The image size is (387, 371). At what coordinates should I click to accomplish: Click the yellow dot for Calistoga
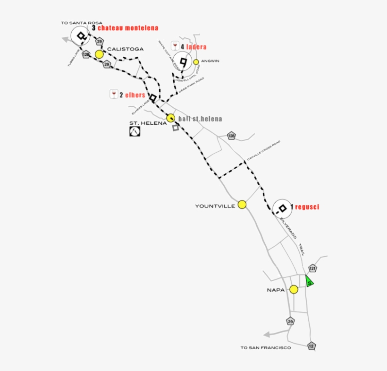[x=99, y=54]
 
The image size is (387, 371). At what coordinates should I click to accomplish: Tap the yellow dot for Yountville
[x=242, y=204]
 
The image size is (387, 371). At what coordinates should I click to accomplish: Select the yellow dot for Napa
[x=294, y=289]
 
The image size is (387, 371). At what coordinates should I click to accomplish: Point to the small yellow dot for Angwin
[x=196, y=61]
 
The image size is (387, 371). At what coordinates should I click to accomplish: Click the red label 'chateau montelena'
[x=128, y=28]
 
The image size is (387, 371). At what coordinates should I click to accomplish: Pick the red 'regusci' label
[x=307, y=207]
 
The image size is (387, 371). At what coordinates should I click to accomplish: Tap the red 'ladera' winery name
[x=196, y=47]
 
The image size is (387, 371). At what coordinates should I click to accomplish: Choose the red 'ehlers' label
[x=135, y=95]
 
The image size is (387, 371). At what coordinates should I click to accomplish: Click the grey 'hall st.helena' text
[x=200, y=119]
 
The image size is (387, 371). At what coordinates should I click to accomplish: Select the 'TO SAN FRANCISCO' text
[x=266, y=348]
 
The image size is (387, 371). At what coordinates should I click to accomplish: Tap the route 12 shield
[x=311, y=345]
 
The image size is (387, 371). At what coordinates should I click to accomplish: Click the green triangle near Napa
[x=309, y=282]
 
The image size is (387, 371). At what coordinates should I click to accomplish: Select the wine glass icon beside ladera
[x=175, y=46]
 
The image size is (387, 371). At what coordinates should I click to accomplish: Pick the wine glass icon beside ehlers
[x=114, y=94]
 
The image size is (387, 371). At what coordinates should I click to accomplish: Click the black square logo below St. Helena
[x=135, y=131]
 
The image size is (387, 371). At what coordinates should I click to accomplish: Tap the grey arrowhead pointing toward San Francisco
[x=268, y=335]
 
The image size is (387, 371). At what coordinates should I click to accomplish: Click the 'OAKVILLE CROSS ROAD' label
[x=264, y=151]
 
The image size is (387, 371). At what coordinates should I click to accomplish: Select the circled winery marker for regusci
[x=282, y=208]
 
